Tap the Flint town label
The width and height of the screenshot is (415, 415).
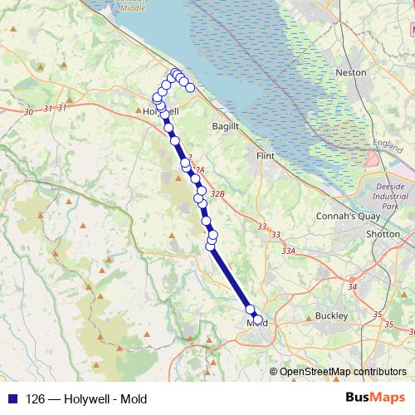click(x=266, y=155)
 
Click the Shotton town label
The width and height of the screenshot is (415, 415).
click(x=383, y=234)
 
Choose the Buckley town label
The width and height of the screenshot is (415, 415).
click(x=331, y=316)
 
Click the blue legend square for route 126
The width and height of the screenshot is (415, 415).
click(x=12, y=398)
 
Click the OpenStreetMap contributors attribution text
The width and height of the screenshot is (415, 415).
click(x=342, y=372)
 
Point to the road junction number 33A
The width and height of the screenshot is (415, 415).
click(x=288, y=250)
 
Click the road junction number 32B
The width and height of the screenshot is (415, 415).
click(x=217, y=193)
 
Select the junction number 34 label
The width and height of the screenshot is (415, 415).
click(x=353, y=287)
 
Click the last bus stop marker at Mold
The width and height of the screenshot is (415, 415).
click(x=257, y=320)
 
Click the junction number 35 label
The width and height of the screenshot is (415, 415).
click(x=378, y=315)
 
